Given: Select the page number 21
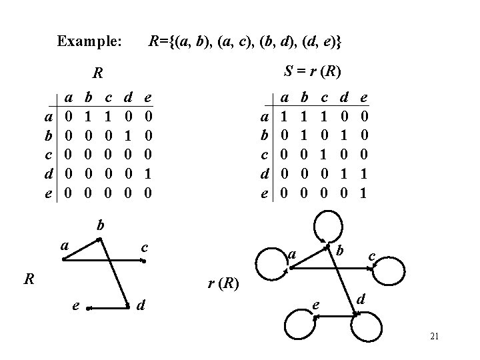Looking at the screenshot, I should click(434, 337).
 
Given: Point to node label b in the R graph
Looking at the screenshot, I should click(100, 225).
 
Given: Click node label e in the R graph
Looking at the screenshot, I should click(76, 307).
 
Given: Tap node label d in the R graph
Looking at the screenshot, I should click(141, 307).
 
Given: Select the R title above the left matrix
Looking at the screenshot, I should click(98, 72).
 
